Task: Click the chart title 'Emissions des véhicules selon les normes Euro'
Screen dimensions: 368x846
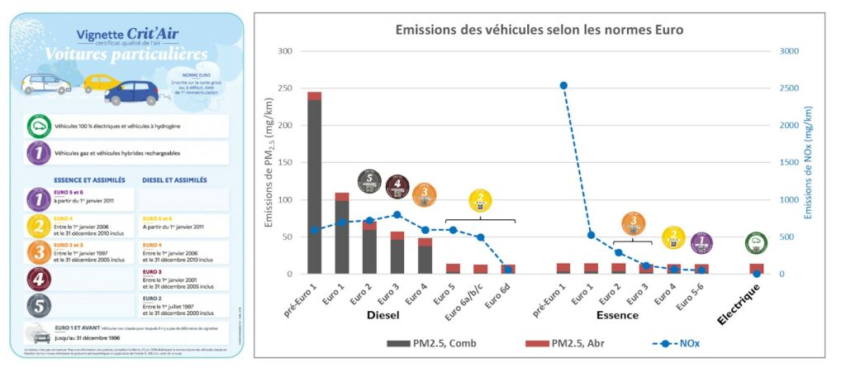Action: click(x=539, y=30)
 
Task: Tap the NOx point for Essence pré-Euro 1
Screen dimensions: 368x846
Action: click(x=563, y=85)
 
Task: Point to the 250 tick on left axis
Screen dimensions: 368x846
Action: click(x=285, y=88)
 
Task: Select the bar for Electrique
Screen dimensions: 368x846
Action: click(x=756, y=269)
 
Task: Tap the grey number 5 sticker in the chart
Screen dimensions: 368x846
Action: click(x=369, y=181)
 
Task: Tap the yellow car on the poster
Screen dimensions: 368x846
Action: click(x=102, y=84)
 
